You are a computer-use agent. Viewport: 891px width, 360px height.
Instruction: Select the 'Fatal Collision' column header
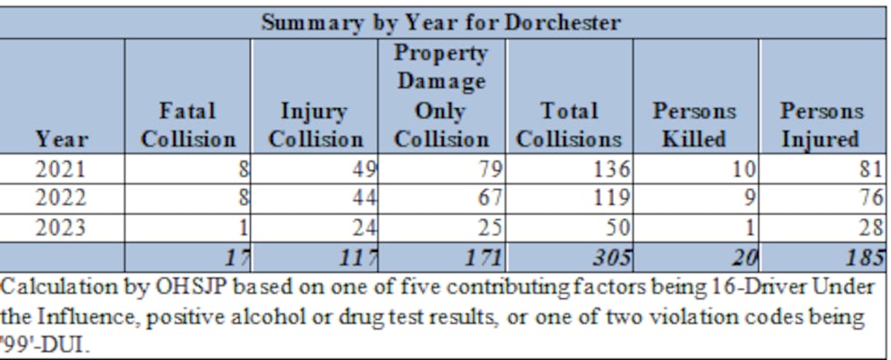point(187,125)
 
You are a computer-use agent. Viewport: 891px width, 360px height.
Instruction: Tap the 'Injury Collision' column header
point(314,125)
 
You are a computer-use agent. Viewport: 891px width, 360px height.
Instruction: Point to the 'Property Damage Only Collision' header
point(442,96)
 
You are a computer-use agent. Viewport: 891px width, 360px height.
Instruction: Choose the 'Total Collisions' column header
point(569,125)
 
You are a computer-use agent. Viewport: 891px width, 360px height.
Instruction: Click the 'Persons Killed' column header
point(695,125)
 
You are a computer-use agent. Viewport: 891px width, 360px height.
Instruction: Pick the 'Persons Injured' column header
point(822,125)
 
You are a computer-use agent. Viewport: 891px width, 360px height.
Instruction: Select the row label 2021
point(62,168)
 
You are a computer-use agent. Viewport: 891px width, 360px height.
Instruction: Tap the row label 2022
point(62,197)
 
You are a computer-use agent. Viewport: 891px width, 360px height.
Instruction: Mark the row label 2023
point(62,226)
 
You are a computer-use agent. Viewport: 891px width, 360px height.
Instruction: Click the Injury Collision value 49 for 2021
point(362,168)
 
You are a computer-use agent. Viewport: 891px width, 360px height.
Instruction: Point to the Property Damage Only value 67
point(488,197)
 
